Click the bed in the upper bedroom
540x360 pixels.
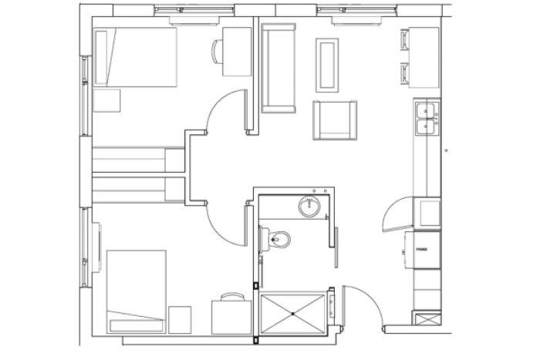(x=135, y=58)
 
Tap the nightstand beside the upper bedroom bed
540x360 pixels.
(x=107, y=101)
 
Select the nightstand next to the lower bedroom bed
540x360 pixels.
(x=179, y=318)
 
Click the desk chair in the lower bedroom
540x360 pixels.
(x=231, y=296)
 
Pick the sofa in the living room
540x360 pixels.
(x=278, y=68)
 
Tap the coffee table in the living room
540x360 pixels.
(x=327, y=63)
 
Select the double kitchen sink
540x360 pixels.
(x=426, y=117)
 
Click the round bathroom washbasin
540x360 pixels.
(x=309, y=206)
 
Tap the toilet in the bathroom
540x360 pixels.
(x=278, y=240)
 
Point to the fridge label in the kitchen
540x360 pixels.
(x=422, y=251)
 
